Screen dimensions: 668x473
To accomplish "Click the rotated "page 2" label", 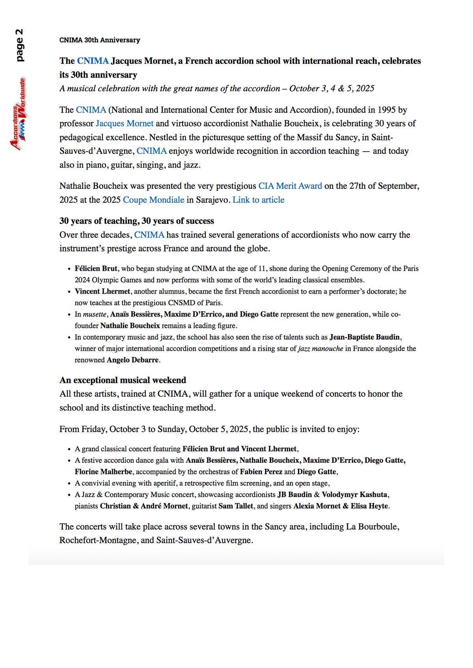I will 19,45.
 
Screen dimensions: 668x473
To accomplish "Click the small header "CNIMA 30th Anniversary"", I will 100,40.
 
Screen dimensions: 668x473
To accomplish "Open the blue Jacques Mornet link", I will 125,124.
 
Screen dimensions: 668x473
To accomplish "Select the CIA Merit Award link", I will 290,186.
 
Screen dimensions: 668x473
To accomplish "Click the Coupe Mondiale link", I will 153,200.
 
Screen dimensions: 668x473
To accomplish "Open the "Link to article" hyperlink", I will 258,200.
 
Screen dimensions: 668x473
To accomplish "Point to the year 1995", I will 387,110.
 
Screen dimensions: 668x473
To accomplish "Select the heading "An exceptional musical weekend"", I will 123,380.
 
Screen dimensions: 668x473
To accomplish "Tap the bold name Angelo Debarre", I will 132,360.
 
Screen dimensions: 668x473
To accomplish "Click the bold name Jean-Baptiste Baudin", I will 365,337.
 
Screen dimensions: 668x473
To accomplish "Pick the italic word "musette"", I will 95,315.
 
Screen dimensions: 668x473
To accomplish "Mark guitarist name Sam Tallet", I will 236,506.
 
